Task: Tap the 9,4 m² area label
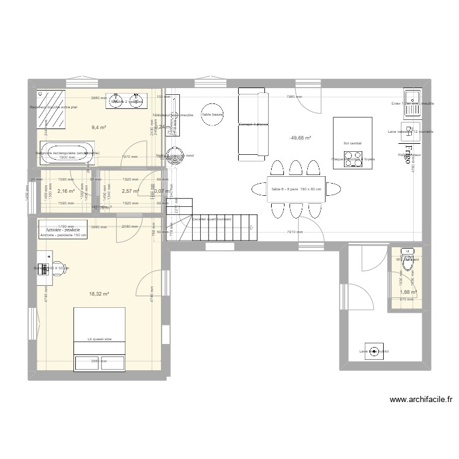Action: [x=99, y=128]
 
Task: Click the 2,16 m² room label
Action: [x=65, y=192]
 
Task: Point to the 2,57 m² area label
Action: [x=130, y=192]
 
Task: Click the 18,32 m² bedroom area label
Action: [x=99, y=294]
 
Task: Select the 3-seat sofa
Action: [x=253, y=124]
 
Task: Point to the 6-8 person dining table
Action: [x=296, y=189]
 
